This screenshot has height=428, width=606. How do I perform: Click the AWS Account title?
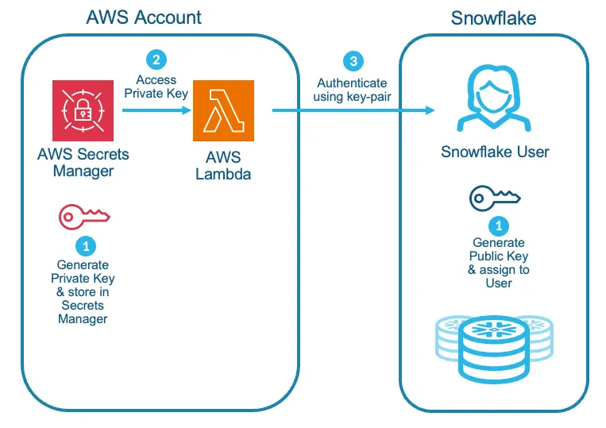point(144,17)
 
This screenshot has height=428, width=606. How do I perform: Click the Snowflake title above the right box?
point(493,17)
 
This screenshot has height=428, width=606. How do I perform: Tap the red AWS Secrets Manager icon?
point(83,110)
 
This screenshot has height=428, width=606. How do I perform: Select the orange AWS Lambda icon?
point(223,110)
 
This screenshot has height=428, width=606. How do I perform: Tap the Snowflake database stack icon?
point(493,347)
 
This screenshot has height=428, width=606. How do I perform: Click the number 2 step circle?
point(156,60)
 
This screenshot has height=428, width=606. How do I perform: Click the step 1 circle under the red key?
point(83,245)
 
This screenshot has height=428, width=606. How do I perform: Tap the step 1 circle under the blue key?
point(498,225)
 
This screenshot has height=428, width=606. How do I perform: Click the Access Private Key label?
point(156,85)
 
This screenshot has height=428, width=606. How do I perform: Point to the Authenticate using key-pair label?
point(352,89)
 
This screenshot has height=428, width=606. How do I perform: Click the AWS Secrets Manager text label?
point(83,162)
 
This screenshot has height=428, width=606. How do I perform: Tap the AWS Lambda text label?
point(223,165)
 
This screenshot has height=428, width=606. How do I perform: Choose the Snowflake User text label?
point(495,151)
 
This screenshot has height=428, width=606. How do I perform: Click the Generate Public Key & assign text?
point(498,262)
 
